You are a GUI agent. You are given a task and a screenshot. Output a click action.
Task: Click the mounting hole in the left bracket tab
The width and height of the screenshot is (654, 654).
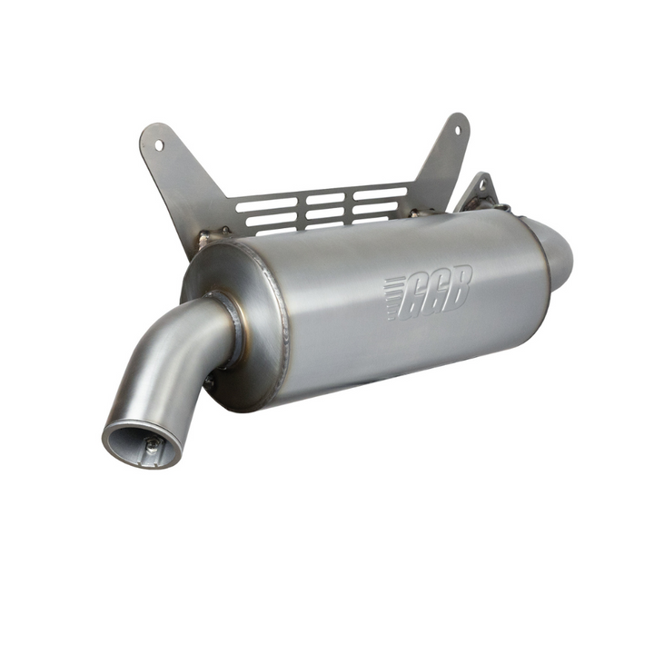(159, 144)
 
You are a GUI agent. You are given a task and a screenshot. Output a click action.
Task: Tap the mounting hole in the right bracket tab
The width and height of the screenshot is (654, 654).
(456, 128)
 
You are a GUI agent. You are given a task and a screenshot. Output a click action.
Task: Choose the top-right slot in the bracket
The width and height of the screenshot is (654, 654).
(380, 193)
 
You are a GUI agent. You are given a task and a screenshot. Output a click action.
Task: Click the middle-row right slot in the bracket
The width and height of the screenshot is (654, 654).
(374, 205)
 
